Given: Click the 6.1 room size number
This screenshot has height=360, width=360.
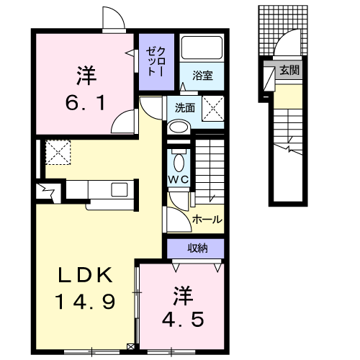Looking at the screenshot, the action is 85,103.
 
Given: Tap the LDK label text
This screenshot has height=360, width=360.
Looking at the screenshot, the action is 86,275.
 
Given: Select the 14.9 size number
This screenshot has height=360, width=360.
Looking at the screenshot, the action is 86,302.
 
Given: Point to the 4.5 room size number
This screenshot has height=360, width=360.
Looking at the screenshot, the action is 183,319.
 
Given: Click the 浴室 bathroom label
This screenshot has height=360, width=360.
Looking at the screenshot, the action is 202,76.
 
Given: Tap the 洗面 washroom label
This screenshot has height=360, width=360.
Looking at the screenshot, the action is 184,108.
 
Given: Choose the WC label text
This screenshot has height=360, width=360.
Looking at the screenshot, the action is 179,179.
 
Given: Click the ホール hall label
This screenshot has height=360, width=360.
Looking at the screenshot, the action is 207,220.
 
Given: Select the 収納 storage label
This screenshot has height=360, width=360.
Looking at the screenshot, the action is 197,248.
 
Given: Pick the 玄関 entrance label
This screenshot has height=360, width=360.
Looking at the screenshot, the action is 289,71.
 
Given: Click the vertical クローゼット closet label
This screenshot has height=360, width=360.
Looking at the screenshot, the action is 156,62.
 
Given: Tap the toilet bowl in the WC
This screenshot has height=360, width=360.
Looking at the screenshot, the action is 179,161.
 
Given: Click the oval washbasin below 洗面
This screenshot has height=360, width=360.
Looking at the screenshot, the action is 179,127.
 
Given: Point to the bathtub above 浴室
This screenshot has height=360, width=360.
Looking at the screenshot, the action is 202,48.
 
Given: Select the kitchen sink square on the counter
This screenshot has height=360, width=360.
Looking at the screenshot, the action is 120,189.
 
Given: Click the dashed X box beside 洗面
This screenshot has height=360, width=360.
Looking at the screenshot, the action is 213,109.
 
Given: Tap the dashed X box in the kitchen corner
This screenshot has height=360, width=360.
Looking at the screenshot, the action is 58,153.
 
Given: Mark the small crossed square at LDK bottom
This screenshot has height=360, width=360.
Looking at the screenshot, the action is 131,347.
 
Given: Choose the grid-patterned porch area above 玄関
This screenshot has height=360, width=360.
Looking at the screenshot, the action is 283,30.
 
